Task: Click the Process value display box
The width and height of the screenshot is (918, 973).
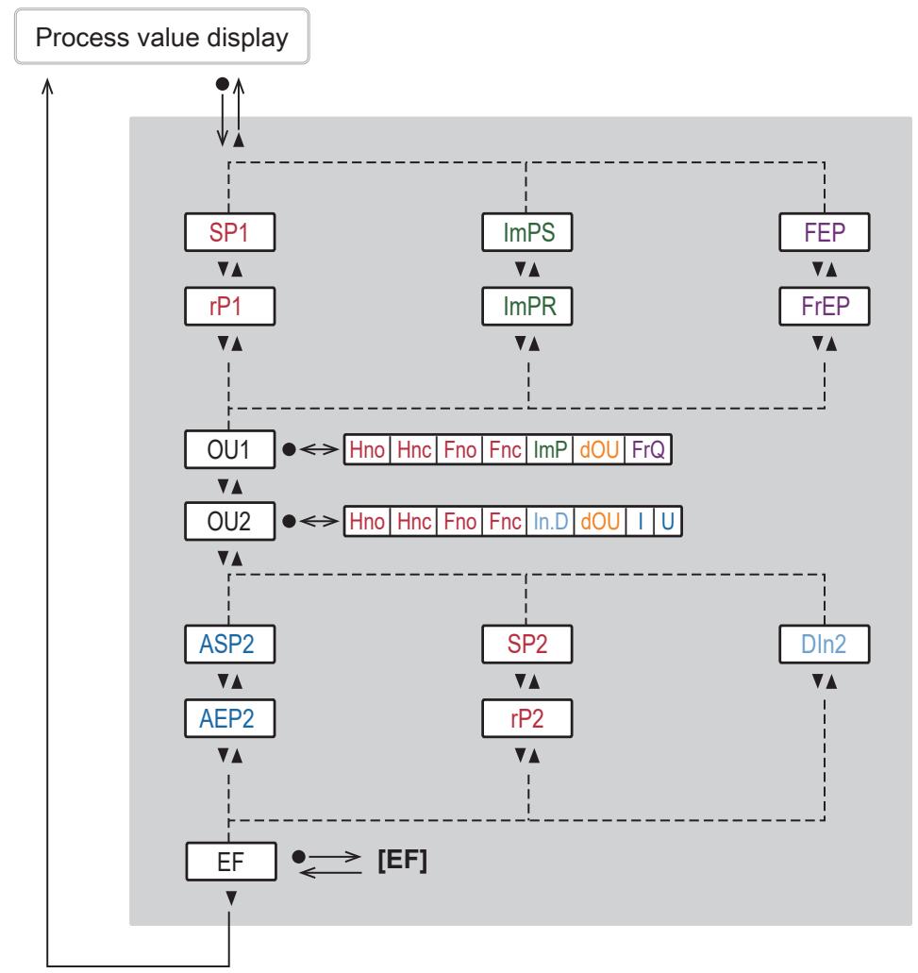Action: point(162,36)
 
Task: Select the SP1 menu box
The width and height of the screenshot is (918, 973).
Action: point(229,232)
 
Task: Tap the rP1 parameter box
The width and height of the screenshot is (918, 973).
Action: point(229,306)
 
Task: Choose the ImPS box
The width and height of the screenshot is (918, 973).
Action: point(527,232)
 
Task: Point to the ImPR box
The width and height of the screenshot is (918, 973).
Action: point(527,306)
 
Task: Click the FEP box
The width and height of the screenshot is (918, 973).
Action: point(825,232)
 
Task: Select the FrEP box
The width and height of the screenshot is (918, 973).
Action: point(825,306)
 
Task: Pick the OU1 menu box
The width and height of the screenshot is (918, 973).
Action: point(229,449)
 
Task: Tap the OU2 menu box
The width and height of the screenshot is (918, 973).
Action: point(229,521)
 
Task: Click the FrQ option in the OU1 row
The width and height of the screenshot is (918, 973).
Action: point(648,449)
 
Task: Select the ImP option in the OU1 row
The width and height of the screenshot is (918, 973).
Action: point(550,449)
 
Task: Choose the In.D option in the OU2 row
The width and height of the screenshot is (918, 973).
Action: point(551,521)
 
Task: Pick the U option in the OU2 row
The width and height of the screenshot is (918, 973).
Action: point(668,521)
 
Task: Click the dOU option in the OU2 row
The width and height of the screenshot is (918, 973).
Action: point(600,521)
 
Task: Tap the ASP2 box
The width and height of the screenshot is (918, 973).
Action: point(229,645)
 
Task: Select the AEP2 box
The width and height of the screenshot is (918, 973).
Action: point(229,718)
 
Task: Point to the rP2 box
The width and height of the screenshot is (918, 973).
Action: point(527,718)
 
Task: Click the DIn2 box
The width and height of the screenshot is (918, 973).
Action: point(825,645)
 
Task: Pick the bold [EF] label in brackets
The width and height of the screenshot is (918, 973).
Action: point(403,860)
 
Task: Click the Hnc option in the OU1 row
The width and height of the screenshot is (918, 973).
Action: point(414,449)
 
